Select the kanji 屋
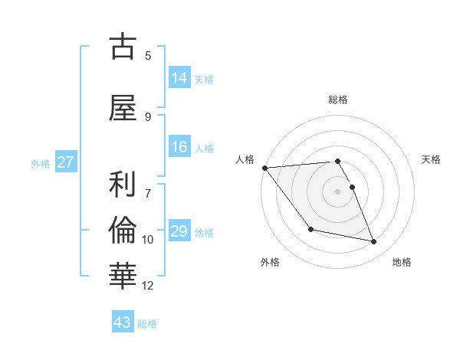click(x=123, y=108)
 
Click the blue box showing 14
click(x=179, y=77)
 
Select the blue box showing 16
click(x=179, y=147)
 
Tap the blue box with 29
click(x=179, y=231)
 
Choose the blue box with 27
click(x=65, y=162)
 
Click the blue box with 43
click(x=123, y=322)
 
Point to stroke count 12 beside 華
click(x=148, y=286)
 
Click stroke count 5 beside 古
click(x=148, y=56)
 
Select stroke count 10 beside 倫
click(x=148, y=240)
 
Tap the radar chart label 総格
click(x=337, y=100)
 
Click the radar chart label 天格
click(x=432, y=159)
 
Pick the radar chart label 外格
click(x=270, y=262)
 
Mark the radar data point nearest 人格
click(x=264, y=168)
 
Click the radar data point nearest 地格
click(x=374, y=242)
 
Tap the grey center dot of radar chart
click(x=337, y=191)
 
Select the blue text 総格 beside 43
click(x=147, y=324)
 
